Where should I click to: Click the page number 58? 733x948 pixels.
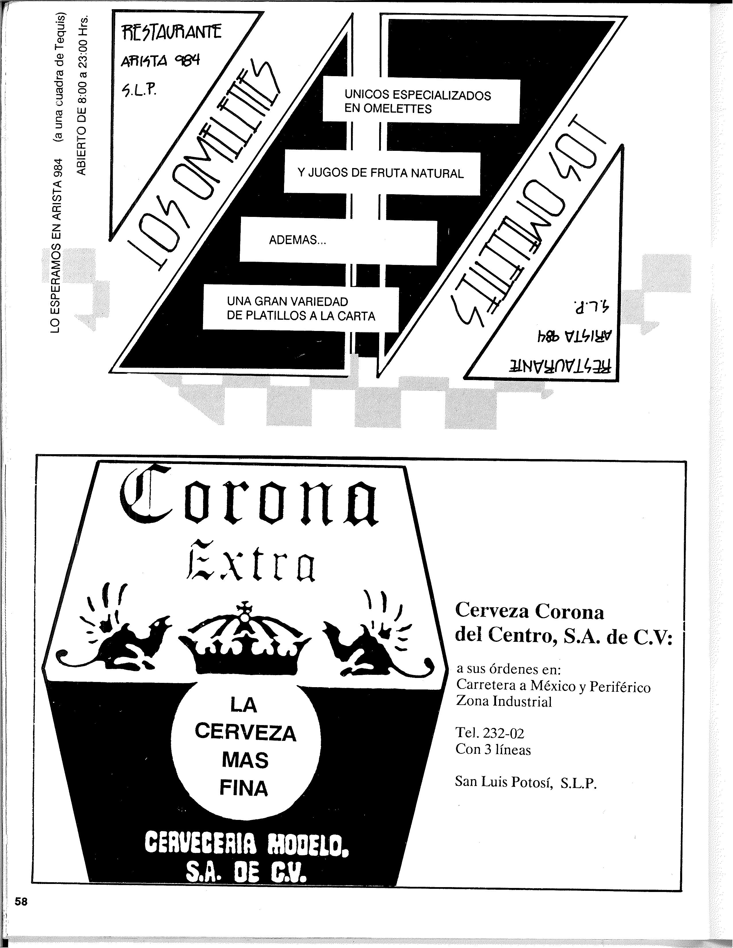[x=21, y=901]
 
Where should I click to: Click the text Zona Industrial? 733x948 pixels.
[x=504, y=702]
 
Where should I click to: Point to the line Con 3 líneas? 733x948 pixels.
[x=493, y=749]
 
